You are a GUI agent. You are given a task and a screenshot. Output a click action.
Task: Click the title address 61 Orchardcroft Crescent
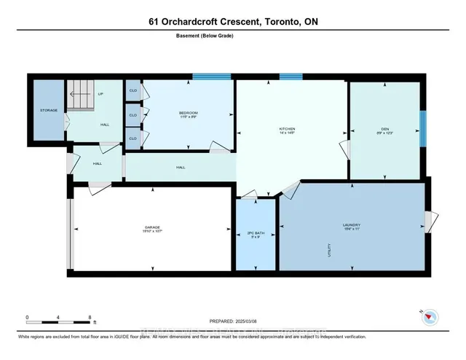[232, 22]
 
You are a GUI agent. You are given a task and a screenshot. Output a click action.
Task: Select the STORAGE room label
[48, 111]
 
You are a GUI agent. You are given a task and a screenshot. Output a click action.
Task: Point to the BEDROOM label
[189, 113]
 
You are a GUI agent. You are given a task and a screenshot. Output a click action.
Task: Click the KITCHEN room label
[288, 129]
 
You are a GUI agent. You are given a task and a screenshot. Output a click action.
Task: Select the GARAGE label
[151, 227]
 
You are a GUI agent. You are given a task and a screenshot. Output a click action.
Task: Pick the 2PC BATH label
[255, 232]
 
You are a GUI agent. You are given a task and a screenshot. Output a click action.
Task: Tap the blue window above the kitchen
[291, 76]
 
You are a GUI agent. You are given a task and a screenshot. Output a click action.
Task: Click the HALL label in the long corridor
[181, 167]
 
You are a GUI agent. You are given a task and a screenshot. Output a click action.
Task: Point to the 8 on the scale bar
[90, 317]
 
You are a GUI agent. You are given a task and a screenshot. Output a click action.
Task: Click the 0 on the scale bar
[27, 317]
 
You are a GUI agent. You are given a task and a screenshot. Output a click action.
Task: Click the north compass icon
[430, 317]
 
